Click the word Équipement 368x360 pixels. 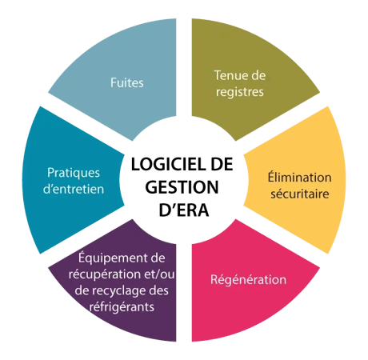pos(110,257)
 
